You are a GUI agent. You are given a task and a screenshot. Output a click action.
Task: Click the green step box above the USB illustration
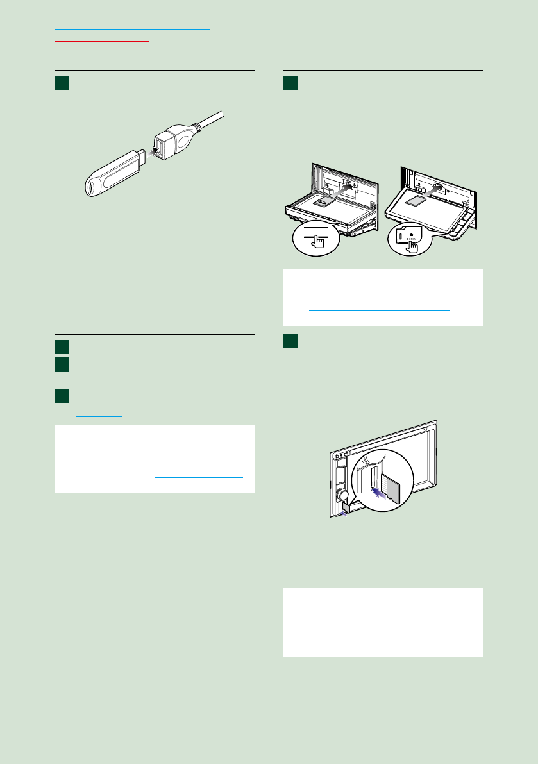click(61, 84)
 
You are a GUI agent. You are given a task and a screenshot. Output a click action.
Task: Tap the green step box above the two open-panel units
click(290, 84)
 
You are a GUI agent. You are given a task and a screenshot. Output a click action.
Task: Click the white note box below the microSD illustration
click(383, 622)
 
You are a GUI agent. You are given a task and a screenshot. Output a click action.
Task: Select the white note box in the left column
click(154, 458)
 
